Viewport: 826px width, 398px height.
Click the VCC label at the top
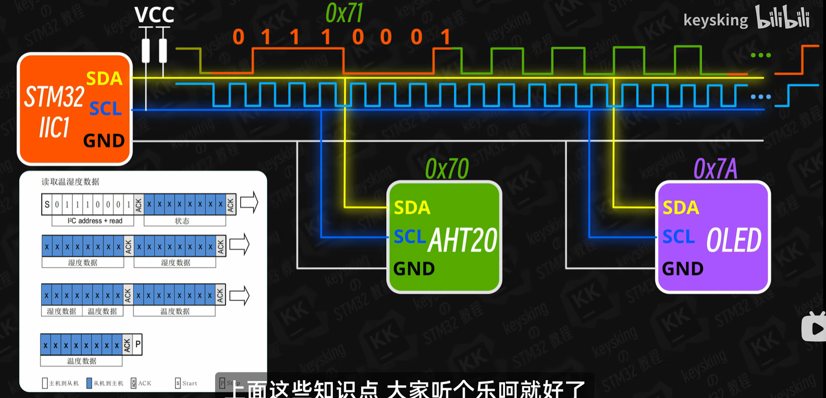pos(154,15)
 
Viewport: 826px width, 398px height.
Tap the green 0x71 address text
pos(344,13)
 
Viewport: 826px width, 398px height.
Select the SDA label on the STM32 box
pos(104,78)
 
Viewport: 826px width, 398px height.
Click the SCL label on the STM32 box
pos(105,109)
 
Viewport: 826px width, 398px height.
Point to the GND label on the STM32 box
pos(104,141)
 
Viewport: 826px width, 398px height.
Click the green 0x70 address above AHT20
pos(447,169)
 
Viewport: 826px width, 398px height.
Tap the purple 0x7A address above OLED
pos(715,169)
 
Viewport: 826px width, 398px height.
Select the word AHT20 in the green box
pos(462,240)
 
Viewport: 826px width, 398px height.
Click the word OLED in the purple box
pos(734,240)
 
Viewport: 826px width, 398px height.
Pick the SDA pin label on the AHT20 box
pos(412,208)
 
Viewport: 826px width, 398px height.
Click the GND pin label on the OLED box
pos(683,269)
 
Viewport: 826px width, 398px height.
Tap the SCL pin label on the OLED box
pos(678,237)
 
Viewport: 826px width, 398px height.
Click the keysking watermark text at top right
pos(715,20)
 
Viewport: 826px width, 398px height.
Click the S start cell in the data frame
pos(47,205)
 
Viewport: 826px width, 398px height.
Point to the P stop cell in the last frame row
pos(138,344)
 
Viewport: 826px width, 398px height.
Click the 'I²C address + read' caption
pos(95,221)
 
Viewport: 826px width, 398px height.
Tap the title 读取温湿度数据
pos(70,182)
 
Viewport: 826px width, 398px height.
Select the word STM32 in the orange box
pos(54,97)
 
